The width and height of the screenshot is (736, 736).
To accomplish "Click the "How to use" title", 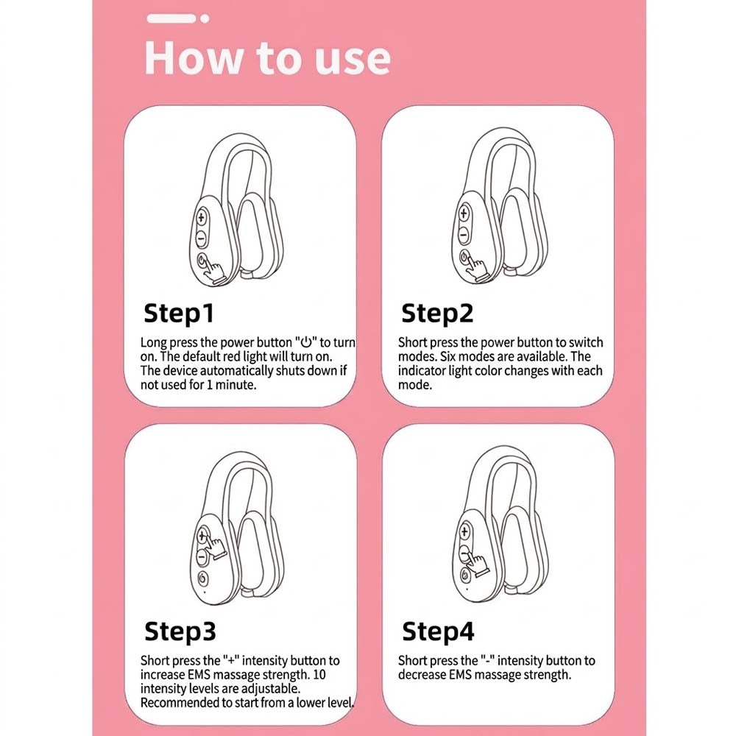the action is (268, 57).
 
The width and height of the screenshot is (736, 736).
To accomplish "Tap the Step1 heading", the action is (179, 314).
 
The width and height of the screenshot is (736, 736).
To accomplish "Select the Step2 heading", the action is (437, 314).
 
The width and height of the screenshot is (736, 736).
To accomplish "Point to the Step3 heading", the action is (180, 631).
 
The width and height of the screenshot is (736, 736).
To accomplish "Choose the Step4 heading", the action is (438, 631).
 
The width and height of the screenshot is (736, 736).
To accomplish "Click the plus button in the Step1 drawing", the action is (202, 217).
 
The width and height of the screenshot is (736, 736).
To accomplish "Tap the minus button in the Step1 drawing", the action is (201, 238).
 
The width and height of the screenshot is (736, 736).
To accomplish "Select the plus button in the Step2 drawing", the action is (464, 213).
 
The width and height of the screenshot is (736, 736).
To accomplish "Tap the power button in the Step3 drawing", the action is (203, 578).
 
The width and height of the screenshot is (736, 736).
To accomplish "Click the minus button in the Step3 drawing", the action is (202, 557).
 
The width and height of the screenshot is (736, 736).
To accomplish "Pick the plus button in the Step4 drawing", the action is (464, 532).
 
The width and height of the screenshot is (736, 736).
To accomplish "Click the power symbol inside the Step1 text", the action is (306, 342).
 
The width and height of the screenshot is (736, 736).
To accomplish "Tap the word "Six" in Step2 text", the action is (447, 357).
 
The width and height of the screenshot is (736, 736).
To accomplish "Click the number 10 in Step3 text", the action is (319, 674).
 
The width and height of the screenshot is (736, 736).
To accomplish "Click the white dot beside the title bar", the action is (205, 19).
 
